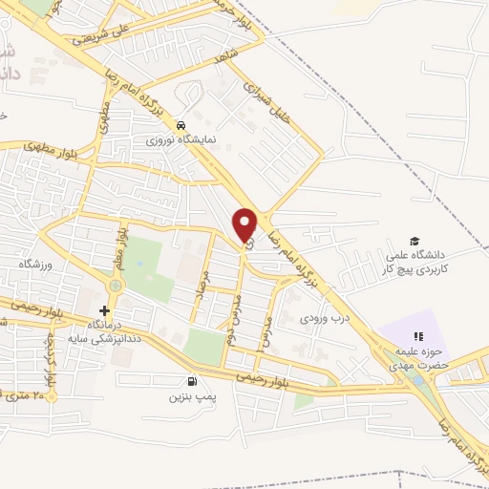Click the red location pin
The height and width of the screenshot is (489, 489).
pos(245,223)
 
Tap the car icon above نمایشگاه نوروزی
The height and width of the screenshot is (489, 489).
pos(181,125)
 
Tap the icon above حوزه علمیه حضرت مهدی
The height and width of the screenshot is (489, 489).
pos(418,335)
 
